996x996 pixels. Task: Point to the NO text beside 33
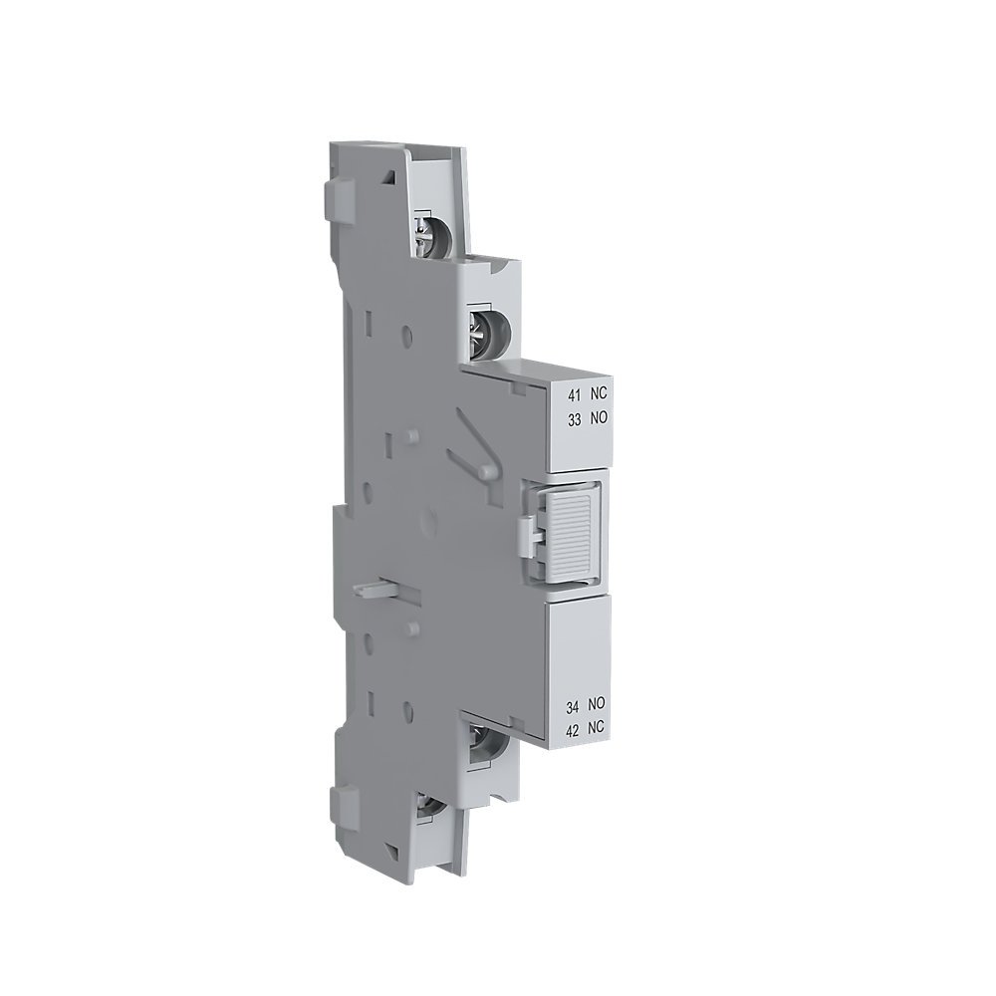click(x=597, y=420)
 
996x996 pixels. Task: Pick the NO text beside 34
click(x=598, y=705)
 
